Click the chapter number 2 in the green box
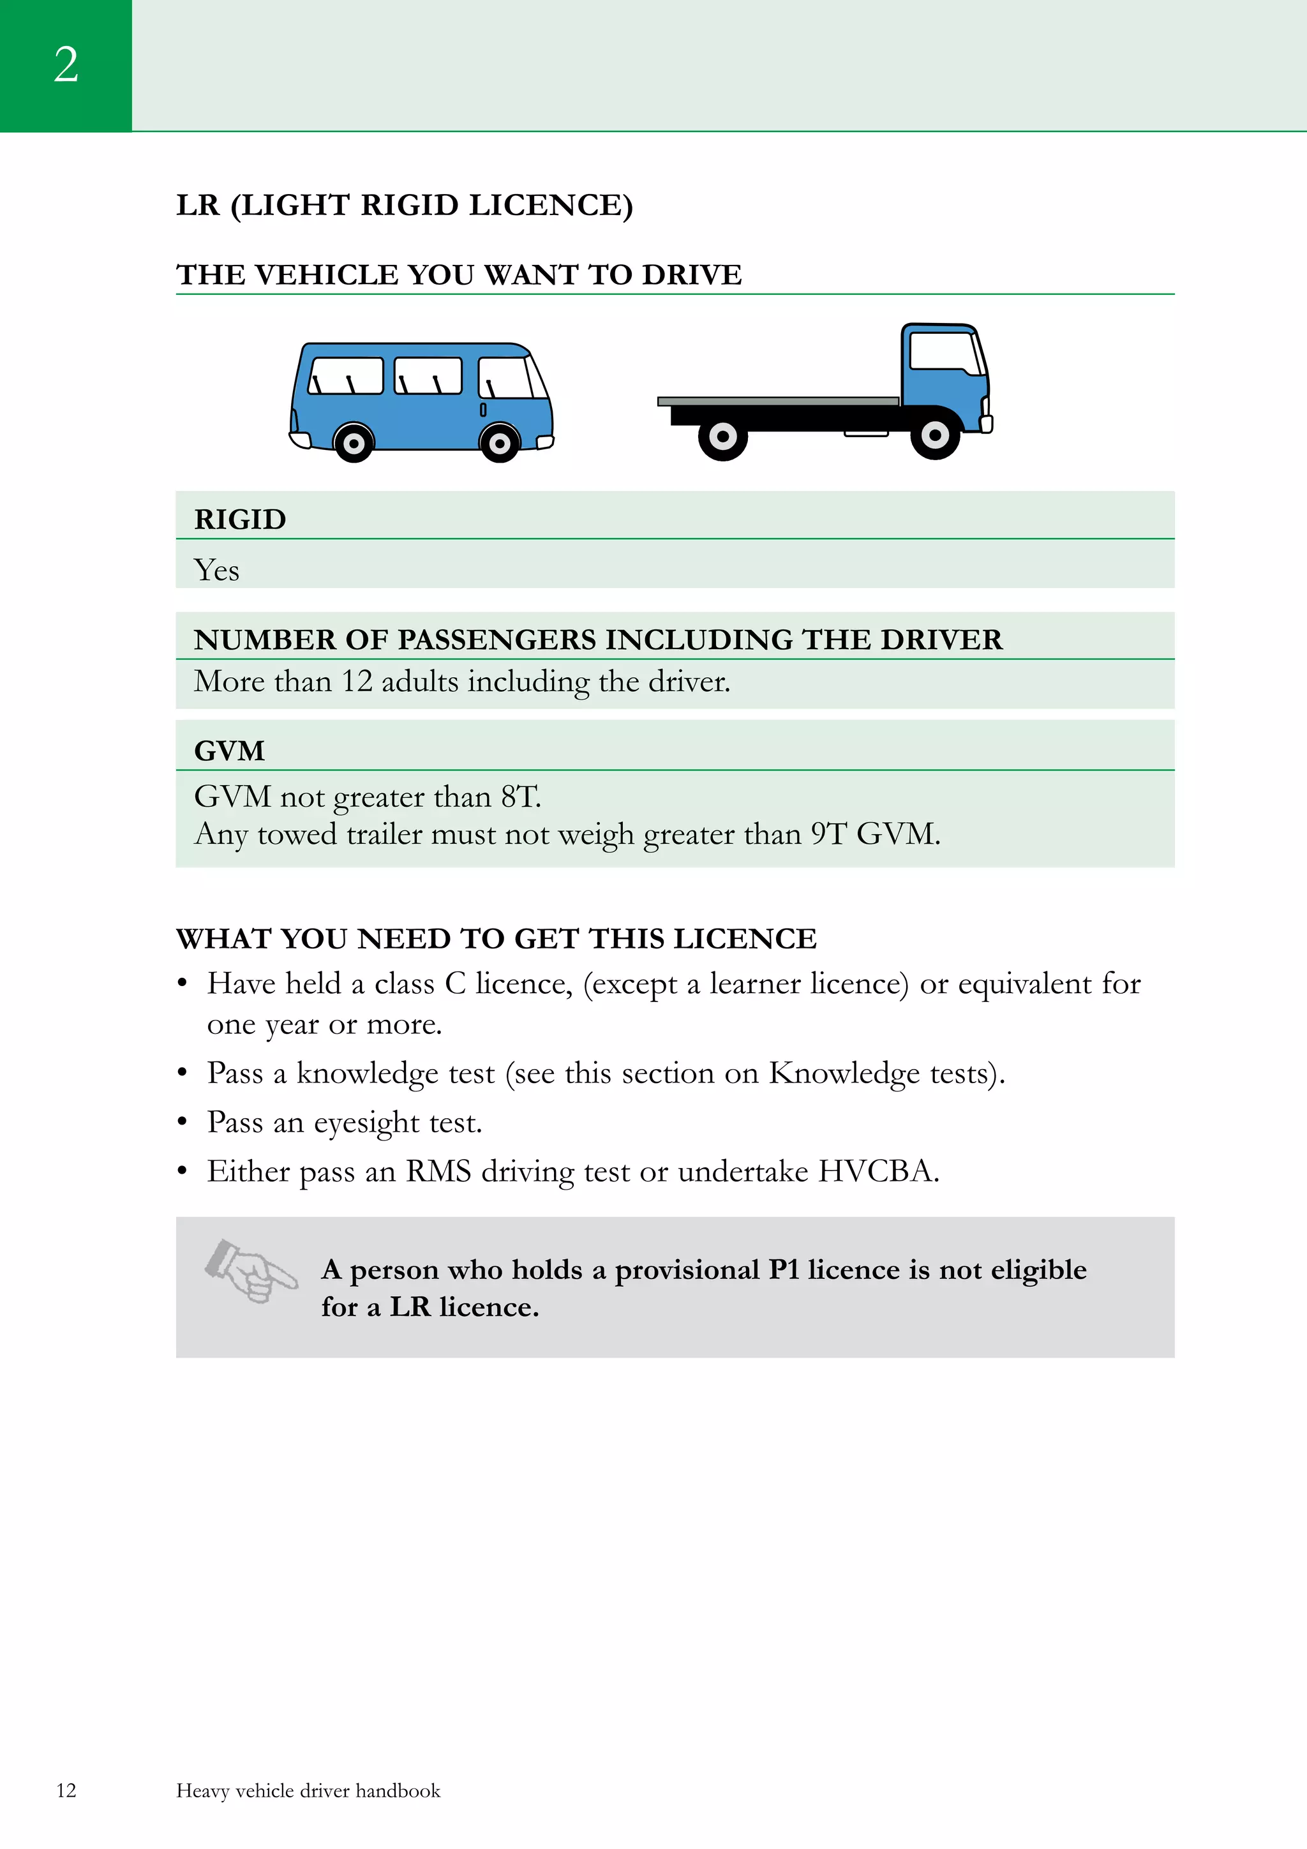tap(66, 64)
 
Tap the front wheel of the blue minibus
tap(499, 443)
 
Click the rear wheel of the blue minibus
tap(354, 443)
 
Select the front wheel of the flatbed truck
tap(935, 436)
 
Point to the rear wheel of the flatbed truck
tap(722, 437)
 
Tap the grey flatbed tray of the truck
tap(777, 401)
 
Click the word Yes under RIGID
tap(216, 570)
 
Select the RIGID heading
tap(240, 520)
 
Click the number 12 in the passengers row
tap(357, 681)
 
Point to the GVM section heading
tap(230, 751)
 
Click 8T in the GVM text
tap(519, 797)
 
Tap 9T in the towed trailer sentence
tap(828, 834)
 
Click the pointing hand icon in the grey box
tap(250, 1271)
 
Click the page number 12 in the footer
tap(66, 1790)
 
